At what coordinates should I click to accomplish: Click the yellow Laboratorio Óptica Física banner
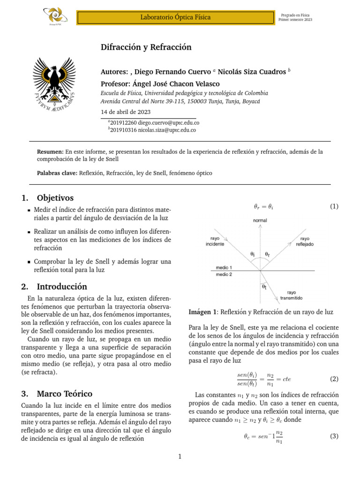[175, 17]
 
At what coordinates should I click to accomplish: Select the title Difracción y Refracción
[146, 47]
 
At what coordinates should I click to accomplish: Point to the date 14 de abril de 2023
[126, 112]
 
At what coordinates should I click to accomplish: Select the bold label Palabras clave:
[57, 173]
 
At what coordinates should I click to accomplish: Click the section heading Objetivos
[55, 198]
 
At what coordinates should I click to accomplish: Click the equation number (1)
[334, 206]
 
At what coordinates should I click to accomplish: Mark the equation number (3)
[334, 436]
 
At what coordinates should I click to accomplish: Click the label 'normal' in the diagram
[260, 220]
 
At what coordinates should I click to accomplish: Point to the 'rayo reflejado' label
[304, 241]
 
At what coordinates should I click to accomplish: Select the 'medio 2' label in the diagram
[223, 275]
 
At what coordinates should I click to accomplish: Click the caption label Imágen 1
[203, 312]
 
